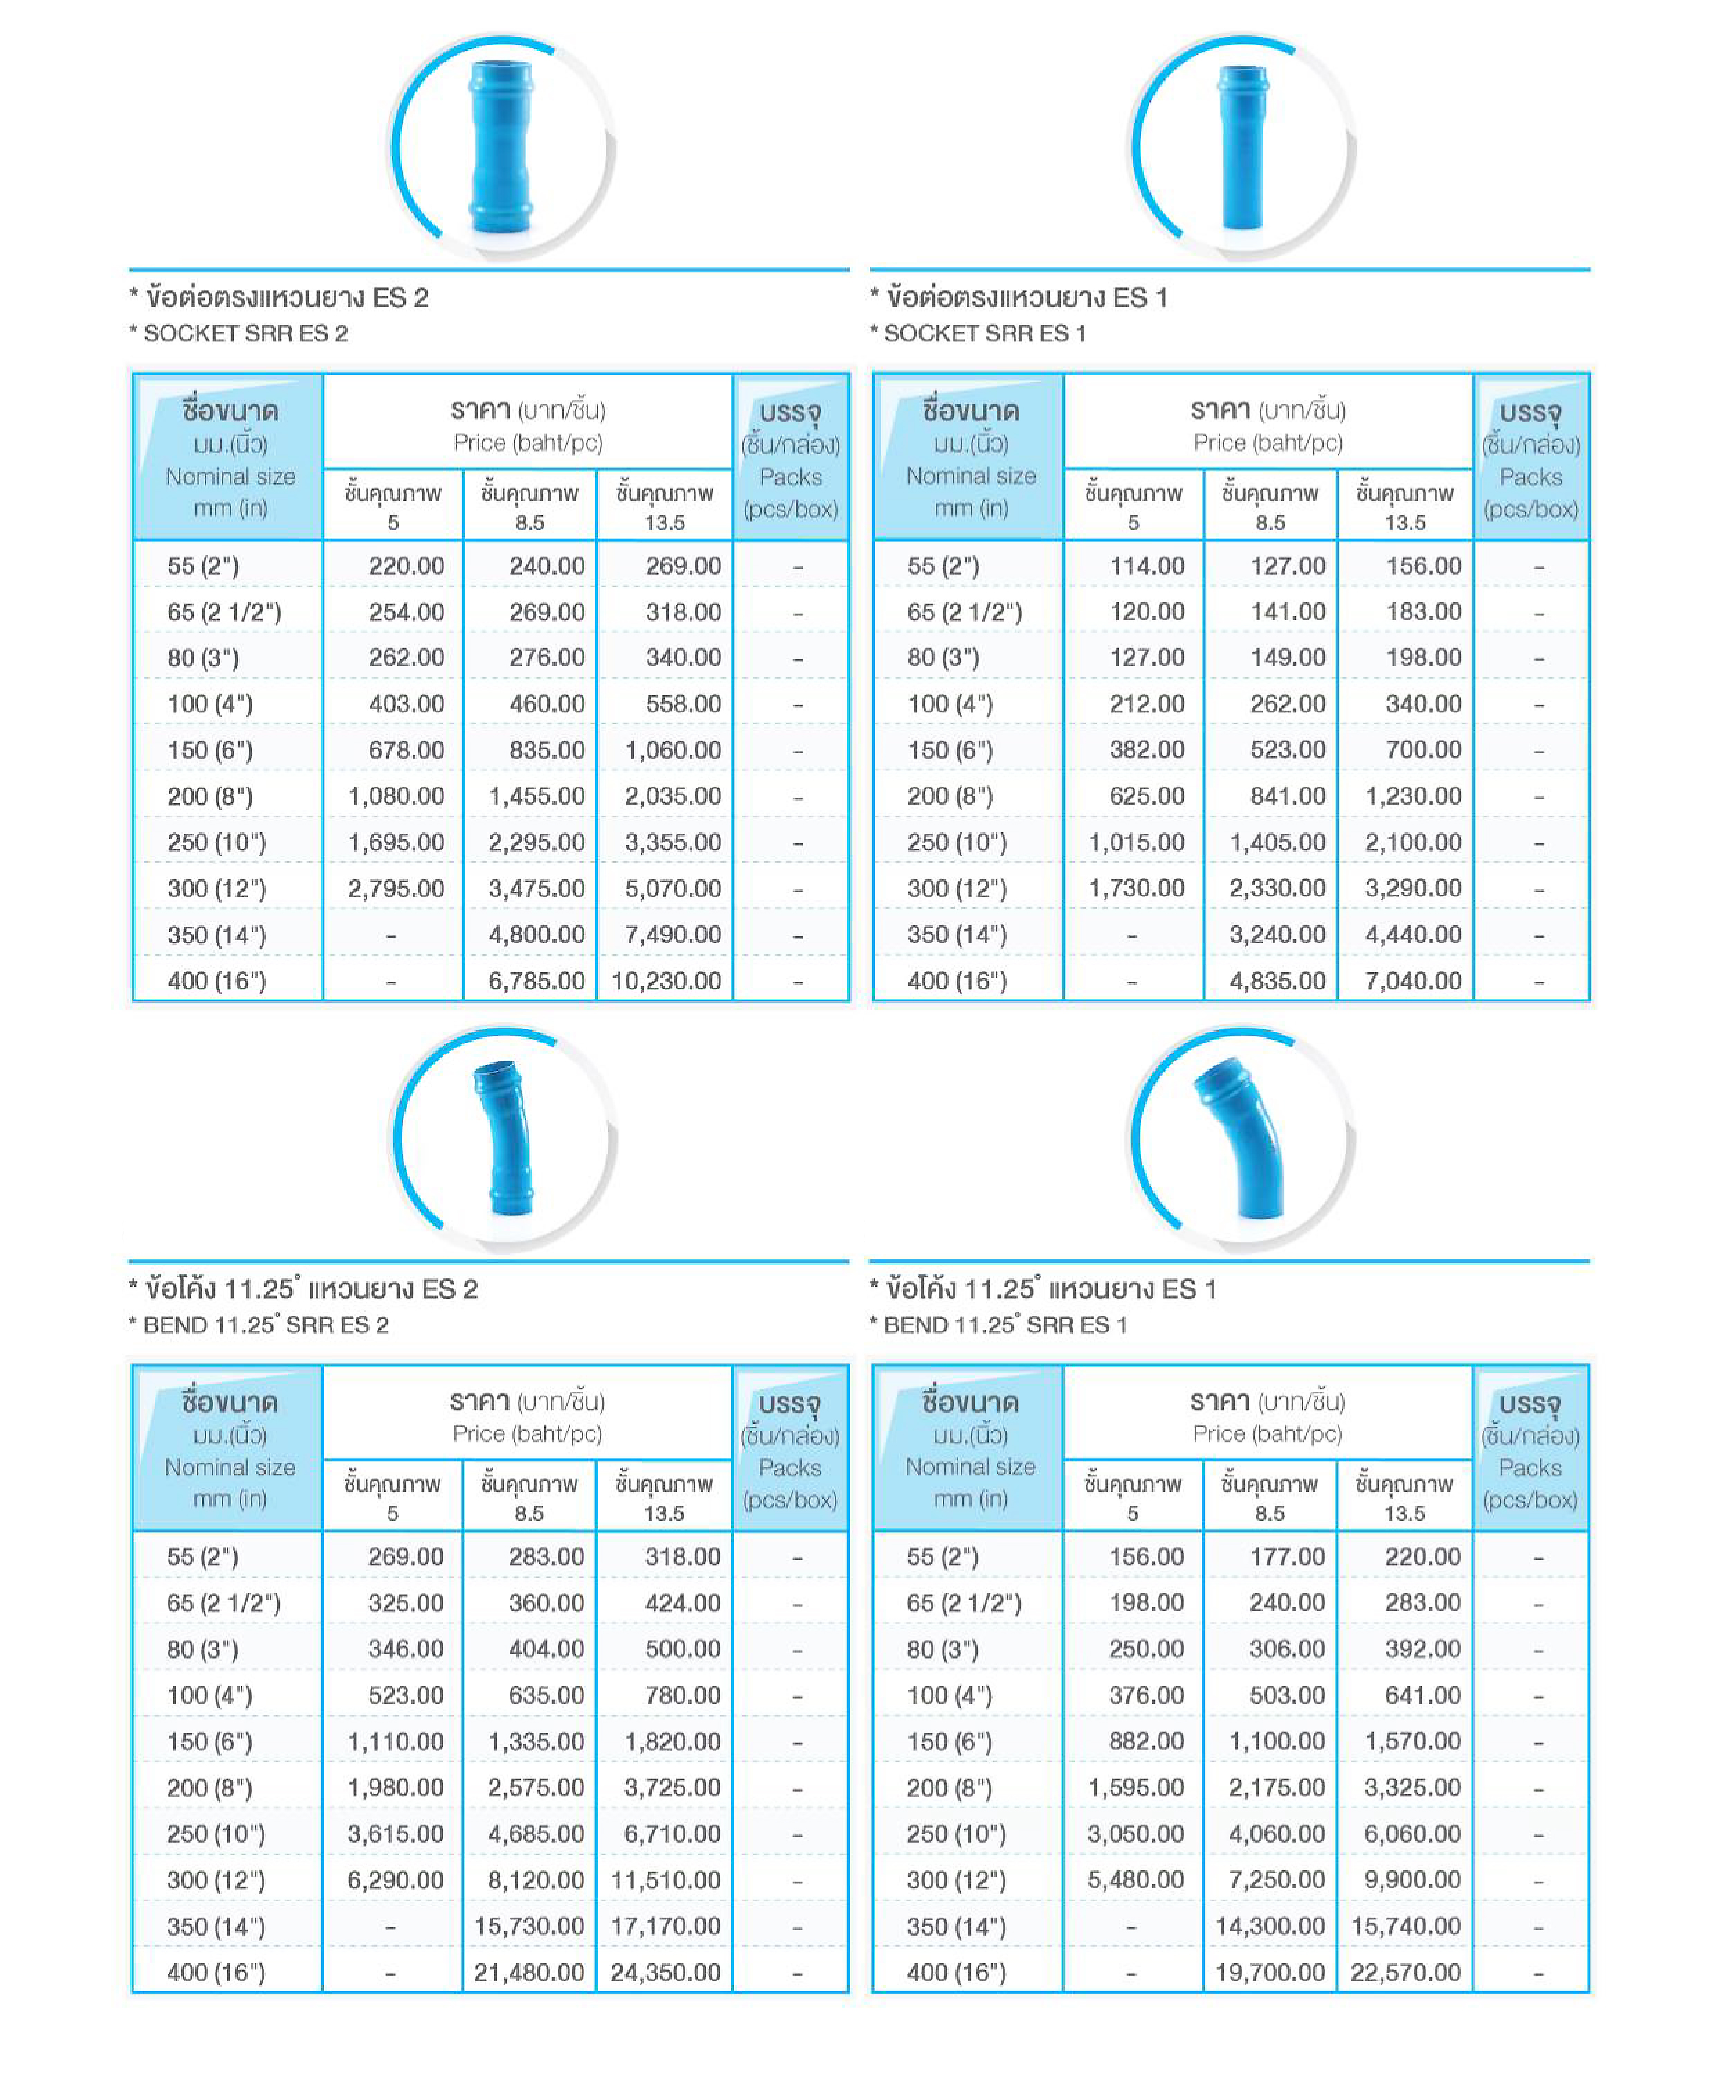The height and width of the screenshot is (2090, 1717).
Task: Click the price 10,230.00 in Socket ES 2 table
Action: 665,980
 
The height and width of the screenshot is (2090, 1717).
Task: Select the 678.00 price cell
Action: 406,750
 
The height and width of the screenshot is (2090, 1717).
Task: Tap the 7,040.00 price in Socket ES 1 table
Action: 1412,980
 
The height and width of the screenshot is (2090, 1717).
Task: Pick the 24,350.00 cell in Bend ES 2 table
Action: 665,1972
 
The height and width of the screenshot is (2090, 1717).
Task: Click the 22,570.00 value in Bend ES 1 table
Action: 1405,1972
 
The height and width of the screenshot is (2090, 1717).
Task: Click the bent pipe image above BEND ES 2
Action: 505,1138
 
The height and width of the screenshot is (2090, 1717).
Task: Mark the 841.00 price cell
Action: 1287,796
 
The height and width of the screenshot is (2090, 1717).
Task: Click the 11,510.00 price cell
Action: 665,1879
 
